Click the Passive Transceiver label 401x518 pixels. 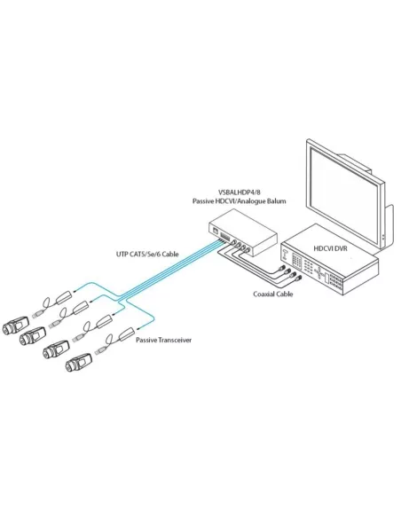164,340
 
